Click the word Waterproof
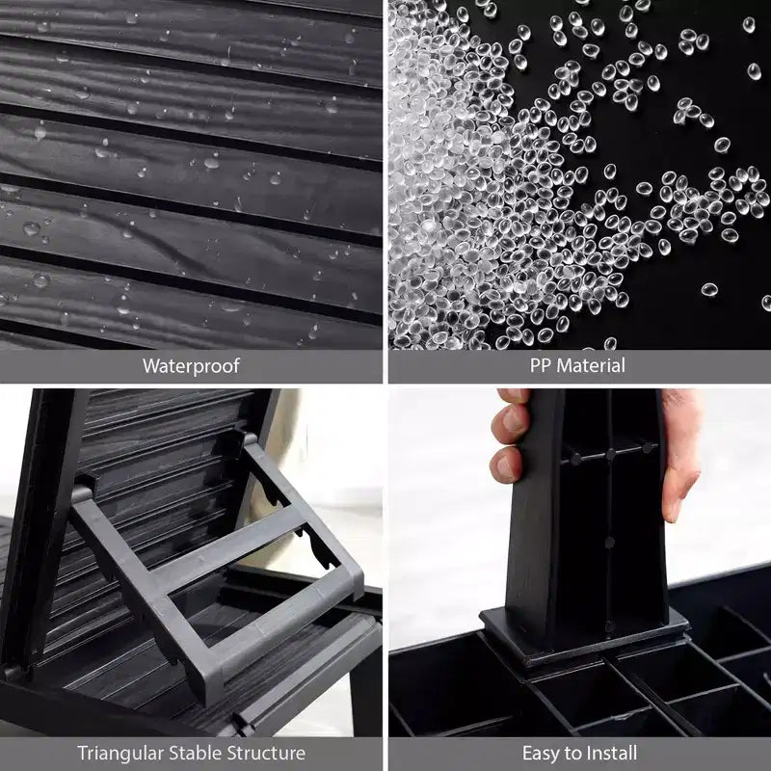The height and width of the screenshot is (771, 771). [191, 366]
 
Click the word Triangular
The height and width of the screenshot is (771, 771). [120, 754]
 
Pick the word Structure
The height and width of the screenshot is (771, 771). [262, 753]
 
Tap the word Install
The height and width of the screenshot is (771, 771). [610, 753]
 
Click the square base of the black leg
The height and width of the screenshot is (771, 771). [583, 637]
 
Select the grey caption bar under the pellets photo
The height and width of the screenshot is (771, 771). [580, 366]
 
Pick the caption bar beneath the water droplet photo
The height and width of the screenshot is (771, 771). [191, 366]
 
